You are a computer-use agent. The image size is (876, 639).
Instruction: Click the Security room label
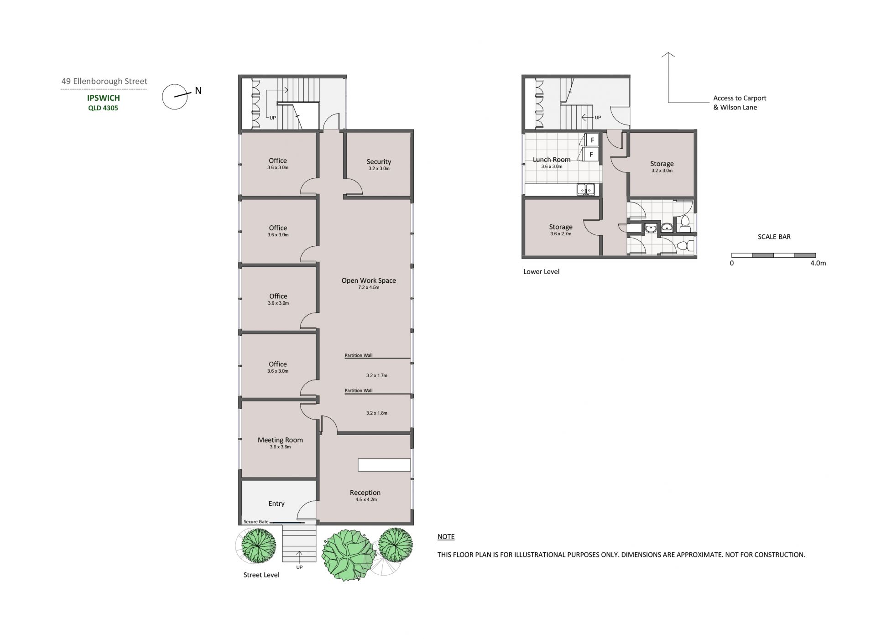pos(379,161)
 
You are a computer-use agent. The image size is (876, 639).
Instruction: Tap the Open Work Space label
pos(369,281)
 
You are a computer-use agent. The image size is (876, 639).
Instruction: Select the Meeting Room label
pos(280,440)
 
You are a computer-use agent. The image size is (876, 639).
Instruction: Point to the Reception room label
pos(365,493)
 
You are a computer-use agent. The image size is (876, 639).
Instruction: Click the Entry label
pos(276,504)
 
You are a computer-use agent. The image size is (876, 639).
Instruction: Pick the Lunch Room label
pos(552,160)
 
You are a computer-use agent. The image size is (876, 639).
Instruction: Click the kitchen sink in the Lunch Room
pos(585,189)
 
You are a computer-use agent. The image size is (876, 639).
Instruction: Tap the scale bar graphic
pos(773,255)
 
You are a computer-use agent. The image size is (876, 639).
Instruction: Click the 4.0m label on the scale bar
pos(818,263)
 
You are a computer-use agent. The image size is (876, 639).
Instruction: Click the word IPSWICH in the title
pos(104,98)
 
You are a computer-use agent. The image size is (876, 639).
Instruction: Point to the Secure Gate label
pos(256,522)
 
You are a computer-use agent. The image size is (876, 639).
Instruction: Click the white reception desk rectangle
pos(384,465)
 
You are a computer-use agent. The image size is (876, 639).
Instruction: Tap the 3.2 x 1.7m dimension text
pos(377,376)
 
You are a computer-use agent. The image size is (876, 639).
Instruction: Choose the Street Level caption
pos(261,575)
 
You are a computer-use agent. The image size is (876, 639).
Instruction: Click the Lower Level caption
pos(541,272)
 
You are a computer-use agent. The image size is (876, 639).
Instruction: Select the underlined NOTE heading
pos(446,537)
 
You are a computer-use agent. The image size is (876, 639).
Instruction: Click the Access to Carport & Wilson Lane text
pos(740,103)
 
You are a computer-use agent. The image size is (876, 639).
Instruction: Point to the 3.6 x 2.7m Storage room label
pos(561,229)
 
